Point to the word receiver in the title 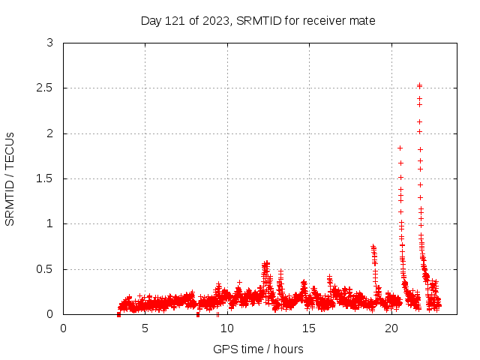tap(327, 21)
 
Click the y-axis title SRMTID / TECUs tap(10, 178)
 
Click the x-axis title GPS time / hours tap(258, 349)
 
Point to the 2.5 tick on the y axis tap(46, 88)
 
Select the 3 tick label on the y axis tap(49, 43)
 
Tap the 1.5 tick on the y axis tap(46, 178)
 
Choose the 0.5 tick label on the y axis tap(46, 269)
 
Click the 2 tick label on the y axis tap(49, 133)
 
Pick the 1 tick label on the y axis tap(49, 224)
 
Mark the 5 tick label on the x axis tap(145, 328)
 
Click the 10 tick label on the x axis tap(227, 328)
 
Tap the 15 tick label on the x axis tap(309, 328)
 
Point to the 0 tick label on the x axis tap(63, 328)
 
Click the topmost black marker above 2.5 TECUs tap(419, 85)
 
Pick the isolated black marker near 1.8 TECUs tap(400, 148)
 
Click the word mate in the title tap(363, 21)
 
